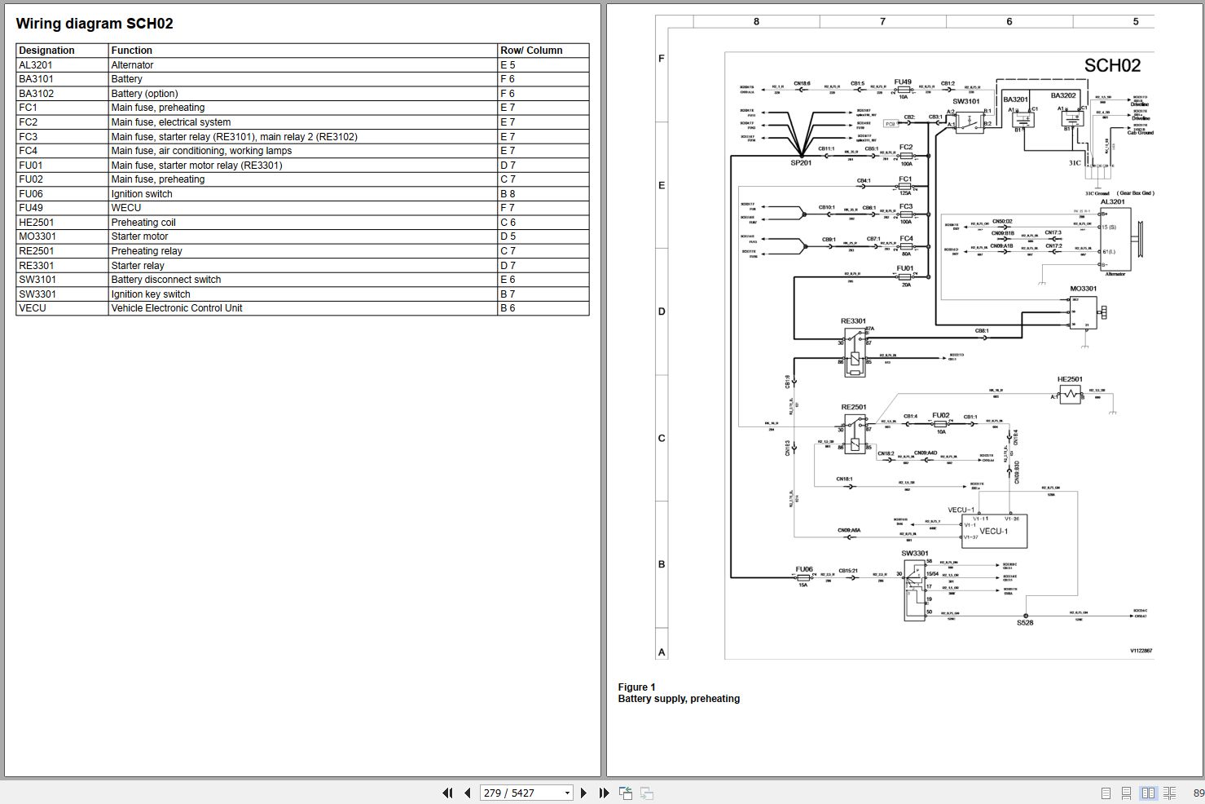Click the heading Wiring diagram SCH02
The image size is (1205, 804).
(x=95, y=24)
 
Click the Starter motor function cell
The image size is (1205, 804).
(x=139, y=236)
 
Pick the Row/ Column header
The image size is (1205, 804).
(x=531, y=51)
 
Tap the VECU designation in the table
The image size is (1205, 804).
(x=33, y=308)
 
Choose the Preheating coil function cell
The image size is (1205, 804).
(x=143, y=223)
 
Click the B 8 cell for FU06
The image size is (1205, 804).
(x=508, y=194)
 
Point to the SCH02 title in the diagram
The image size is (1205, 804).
(x=1111, y=66)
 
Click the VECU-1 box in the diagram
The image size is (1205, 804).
(x=994, y=531)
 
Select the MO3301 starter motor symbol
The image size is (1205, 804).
(x=1084, y=312)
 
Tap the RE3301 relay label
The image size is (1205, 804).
(x=853, y=321)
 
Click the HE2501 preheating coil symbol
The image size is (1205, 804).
(x=1070, y=395)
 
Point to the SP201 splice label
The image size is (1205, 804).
(x=802, y=163)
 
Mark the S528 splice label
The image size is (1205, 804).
(x=1024, y=623)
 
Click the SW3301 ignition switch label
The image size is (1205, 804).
(x=914, y=554)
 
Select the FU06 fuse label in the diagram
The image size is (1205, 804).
(x=803, y=569)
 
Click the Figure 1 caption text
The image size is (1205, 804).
(x=636, y=687)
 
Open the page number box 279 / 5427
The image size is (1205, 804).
(x=526, y=793)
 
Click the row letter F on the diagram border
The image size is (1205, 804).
(x=661, y=59)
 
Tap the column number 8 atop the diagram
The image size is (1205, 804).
(x=756, y=22)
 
